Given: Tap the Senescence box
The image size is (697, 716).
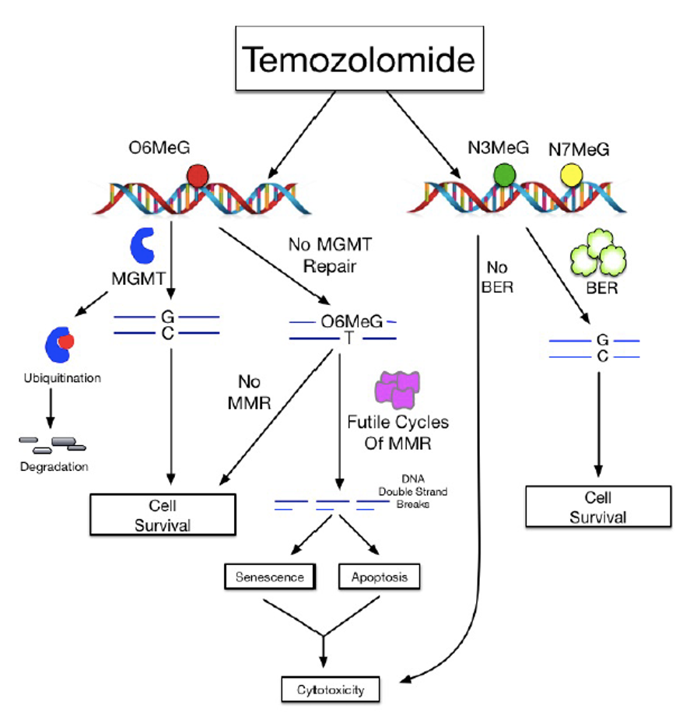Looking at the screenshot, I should (x=270, y=577).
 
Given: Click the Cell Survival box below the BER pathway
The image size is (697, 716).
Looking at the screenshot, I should (x=597, y=507).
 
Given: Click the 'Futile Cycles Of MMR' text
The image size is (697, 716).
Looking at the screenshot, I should (x=398, y=433).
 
